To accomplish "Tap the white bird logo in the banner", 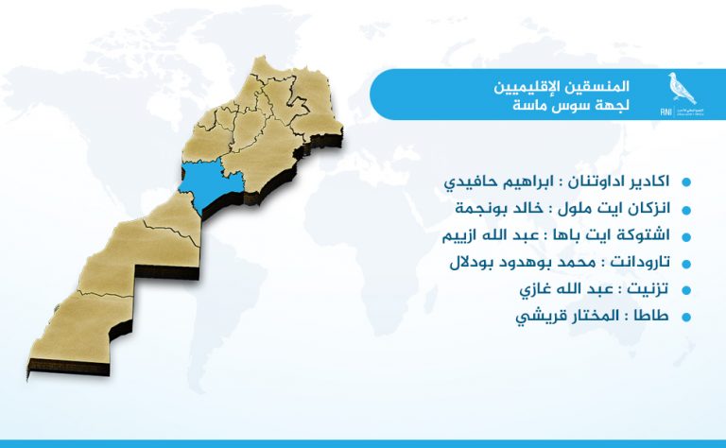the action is (x=681, y=89).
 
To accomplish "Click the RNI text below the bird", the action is (x=665, y=112).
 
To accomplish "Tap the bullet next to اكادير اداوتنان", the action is (x=686, y=181).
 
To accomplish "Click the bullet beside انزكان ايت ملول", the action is (x=686, y=210).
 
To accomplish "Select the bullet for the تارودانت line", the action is (x=686, y=264).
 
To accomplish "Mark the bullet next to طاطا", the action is (x=686, y=317).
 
